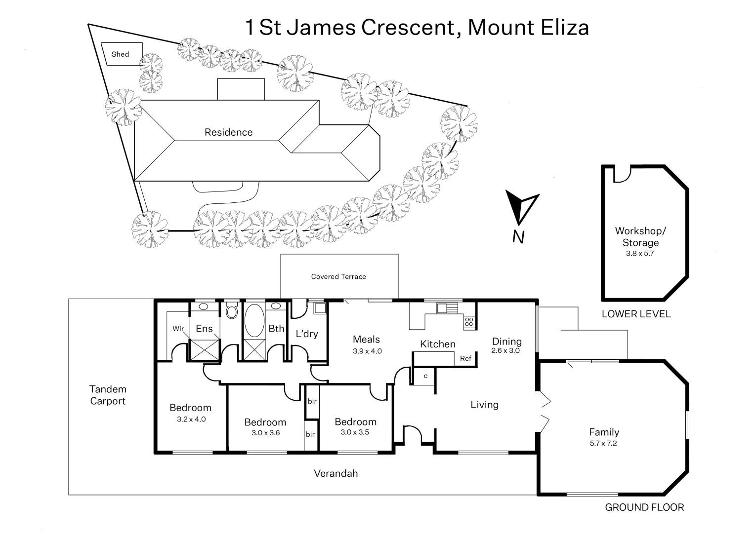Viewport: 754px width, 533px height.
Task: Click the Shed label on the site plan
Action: click(x=120, y=54)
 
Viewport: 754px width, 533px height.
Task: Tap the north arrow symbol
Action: click(x=521, y=207)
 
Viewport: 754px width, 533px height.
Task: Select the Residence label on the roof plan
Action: click(x=228, y=132)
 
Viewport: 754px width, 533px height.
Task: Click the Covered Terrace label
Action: click(x=338, y=277)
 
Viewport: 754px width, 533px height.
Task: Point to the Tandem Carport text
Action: click(x=108, y=395)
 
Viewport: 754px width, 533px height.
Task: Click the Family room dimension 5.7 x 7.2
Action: click(x=603, y=443)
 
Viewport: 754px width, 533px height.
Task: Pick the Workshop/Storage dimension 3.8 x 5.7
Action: click(x=640, y=254)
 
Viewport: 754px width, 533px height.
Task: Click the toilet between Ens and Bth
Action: click(x=231, y=311)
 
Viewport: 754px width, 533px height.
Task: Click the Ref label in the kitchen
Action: click(x=465, y=359)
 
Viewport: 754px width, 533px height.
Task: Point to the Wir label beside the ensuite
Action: click(x=178, y=329)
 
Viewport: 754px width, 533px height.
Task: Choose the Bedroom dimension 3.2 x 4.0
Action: click(x=191, y=419)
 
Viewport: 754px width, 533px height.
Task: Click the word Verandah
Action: click(x=335, y=474)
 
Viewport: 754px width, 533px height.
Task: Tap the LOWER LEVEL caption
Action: click(x=636, y=314)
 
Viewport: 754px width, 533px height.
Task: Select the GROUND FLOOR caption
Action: click(x=644, y=507)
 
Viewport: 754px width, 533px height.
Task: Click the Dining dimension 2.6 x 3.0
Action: click(x=506, y=351)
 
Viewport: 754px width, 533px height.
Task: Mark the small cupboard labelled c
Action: click(x=425, y=377)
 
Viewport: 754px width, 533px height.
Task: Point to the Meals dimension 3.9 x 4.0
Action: click(x=367, y=351)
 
